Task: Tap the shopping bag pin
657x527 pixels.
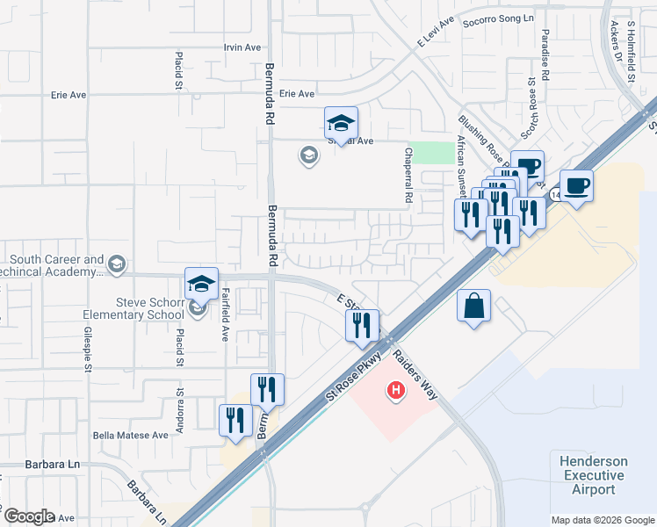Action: coord(473,307)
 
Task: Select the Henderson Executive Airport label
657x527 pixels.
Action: coord(594,475)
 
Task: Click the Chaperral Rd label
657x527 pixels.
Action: coord(408,176)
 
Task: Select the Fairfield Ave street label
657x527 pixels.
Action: coord(225,315)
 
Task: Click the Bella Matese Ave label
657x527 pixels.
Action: coord(130,435)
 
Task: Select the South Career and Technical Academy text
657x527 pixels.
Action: coord(58,265)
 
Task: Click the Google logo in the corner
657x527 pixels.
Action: coord(28,516)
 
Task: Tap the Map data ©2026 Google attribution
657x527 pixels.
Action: coord(602,520)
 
